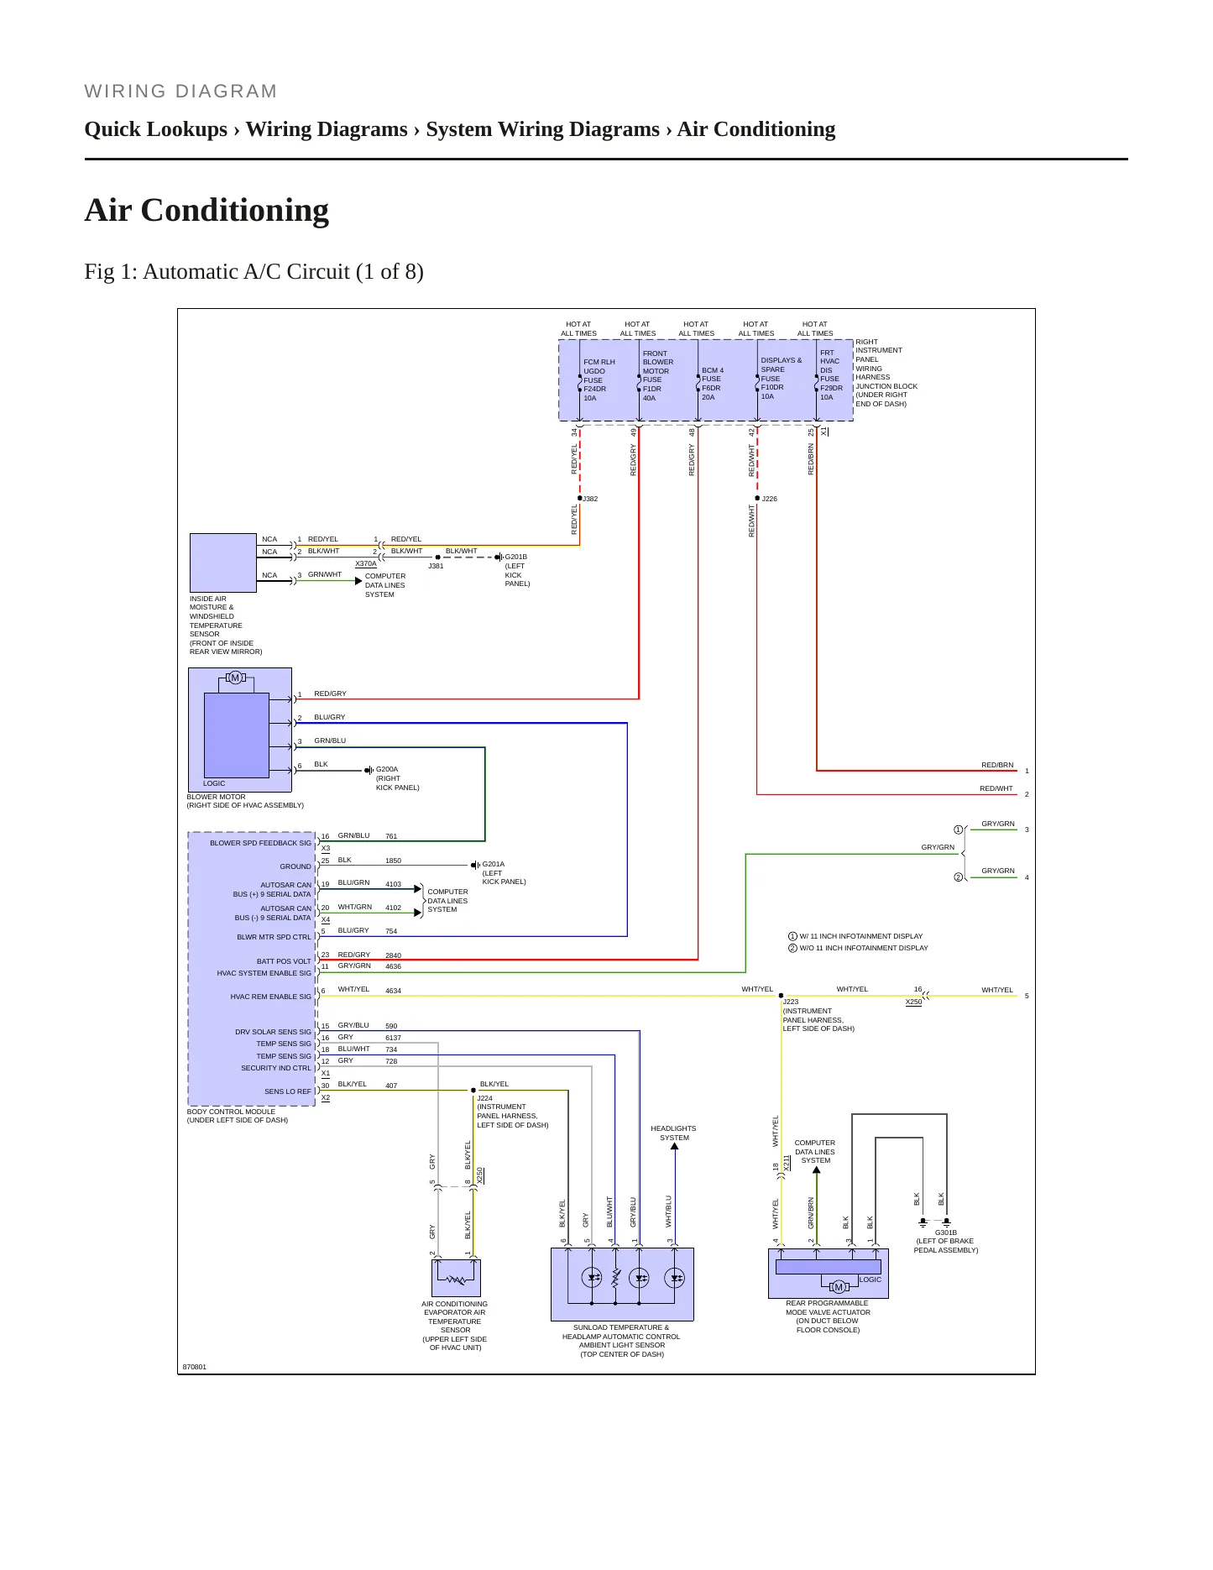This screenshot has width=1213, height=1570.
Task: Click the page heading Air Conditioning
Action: click(x=207, y=210)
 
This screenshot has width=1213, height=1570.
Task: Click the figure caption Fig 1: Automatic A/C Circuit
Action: click(x=254, y=272)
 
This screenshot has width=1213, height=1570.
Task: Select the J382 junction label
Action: click(x=590, y=499)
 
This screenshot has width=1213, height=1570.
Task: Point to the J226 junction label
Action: click(x=769, y=499)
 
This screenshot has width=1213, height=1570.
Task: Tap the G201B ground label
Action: click(x=516, y=557)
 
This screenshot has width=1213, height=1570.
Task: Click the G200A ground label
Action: click(x=387, y=769)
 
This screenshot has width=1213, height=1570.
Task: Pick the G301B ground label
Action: click(x=946, y=1232)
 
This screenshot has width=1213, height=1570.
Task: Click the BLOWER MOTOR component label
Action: click(x=217, y=797)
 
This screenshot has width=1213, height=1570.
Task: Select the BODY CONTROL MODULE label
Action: click(x=231, y=1112)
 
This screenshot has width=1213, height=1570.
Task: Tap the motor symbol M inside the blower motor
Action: click(x=235, y=678)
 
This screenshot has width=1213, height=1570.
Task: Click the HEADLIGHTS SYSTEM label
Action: click(x=673, y=1133)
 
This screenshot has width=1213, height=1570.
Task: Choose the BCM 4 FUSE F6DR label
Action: click(x=713, y=379)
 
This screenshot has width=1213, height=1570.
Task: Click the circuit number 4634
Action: click(x=393, y=991)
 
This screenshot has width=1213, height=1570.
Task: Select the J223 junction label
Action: click(x=791, y=1002)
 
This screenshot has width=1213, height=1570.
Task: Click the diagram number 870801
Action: click(x=195, y=1367)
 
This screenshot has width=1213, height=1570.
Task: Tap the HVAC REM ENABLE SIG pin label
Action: click(x=270, y=997)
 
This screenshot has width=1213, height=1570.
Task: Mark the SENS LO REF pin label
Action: click(x=288, y=1091)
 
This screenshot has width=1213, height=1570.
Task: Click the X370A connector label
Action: click(x=366, y=563)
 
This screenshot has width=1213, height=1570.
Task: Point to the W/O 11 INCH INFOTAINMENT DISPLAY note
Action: click(x=864, y=948)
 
